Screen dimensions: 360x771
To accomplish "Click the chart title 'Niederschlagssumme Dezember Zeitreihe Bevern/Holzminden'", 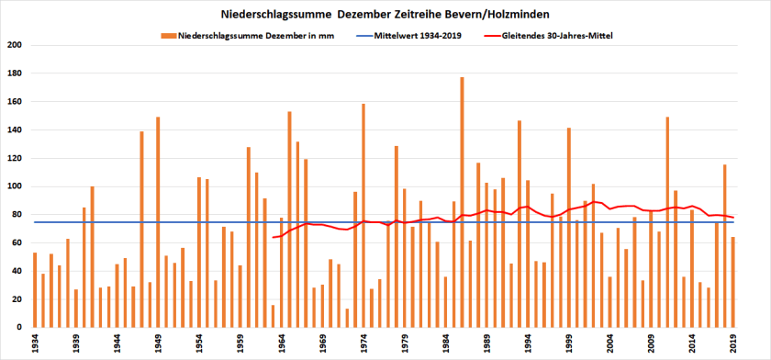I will click(385, 16).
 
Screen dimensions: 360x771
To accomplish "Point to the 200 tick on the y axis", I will click(16, 46).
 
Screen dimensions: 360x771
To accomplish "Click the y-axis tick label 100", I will click(16, 186).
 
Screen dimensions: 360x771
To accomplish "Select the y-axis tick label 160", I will click(16, 102).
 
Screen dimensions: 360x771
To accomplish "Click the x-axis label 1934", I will click(35, 343).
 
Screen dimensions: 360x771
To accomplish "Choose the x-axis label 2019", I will click(733, 343).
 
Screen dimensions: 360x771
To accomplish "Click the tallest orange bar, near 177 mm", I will click(462, 202).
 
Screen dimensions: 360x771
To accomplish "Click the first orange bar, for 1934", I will click(35, 290).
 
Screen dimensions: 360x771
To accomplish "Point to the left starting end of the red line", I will click(274, 237).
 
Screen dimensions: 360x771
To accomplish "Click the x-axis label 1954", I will click(199, 343).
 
